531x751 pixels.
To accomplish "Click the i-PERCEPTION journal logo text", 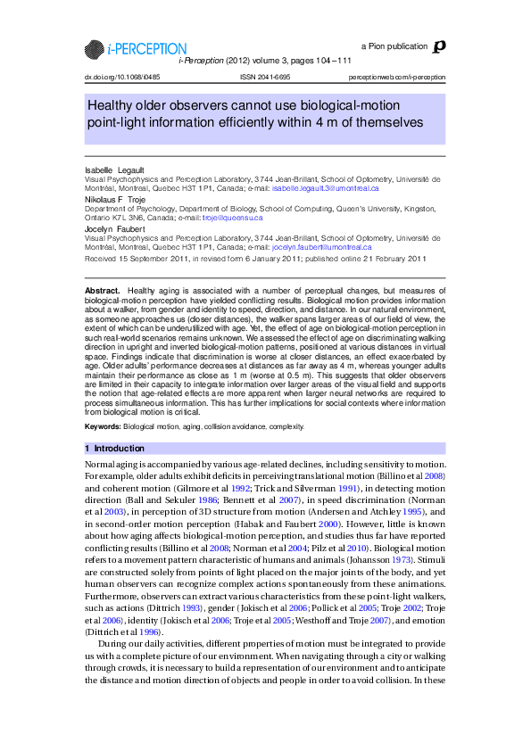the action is coord(147,49).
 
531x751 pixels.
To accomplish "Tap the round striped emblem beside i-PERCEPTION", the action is coord(95,49).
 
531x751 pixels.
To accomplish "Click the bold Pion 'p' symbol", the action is coord(439,46).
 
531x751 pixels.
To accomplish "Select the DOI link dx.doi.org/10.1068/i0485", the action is coord(122,77).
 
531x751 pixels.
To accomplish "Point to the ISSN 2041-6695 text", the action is coord(265,77).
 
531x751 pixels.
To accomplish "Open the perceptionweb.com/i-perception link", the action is coord(397,77).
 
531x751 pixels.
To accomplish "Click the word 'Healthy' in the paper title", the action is coord(110,105).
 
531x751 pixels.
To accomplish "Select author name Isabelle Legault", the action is coord(114,170).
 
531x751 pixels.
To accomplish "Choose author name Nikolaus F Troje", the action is coord(115,199).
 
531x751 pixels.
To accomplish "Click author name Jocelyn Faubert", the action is coord(114,229).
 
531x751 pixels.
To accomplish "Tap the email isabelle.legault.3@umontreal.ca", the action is coord(326,188).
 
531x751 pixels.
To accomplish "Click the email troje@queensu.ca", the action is coord(232,218).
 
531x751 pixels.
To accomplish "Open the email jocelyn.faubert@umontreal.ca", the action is coord(321,247).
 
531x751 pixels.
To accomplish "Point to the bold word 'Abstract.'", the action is coord(103,290).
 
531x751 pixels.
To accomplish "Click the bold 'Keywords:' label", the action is coord(103,426).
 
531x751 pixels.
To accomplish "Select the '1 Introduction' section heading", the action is coord(114,449).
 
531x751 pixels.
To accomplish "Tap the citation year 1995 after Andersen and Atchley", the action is coord(412,512).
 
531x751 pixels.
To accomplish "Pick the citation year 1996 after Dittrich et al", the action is coord(148,631).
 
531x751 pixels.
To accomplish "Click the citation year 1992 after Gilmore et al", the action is coord(241,488).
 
